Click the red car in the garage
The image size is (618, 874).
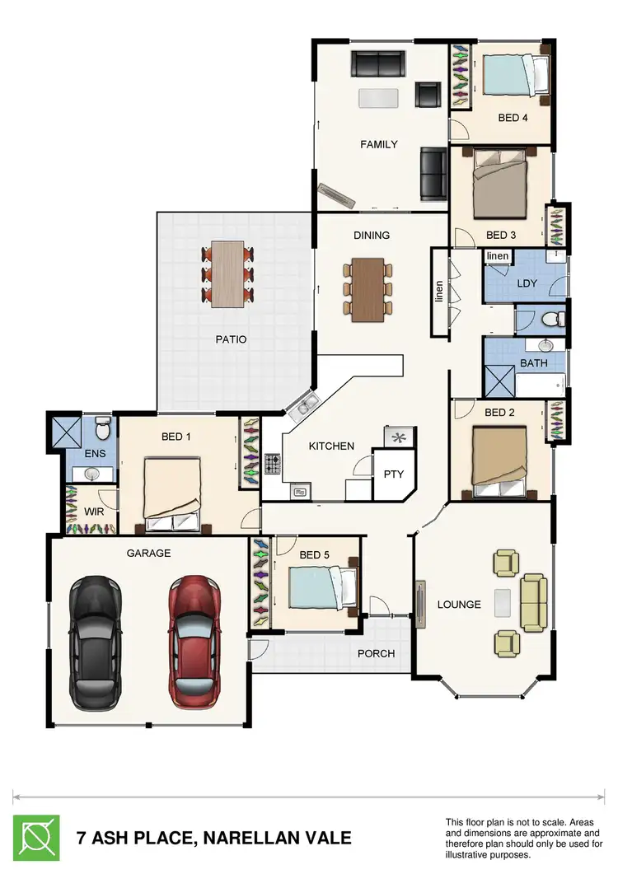pyautogui.click(x=195, y=643)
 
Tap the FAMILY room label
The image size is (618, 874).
pyautogui.click(x=379, y=144)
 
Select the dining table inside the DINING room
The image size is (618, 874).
pyautogui.click(x=368, y=289)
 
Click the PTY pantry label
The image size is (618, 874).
pyautogui.click(x=393, y=474)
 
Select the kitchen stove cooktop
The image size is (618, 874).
pyautogui.click(x=273, y=465)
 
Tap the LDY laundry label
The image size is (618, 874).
pyautogui.click(x=527, y=283)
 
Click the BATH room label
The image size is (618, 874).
pyautogui.click(x=528, y=362)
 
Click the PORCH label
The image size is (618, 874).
pyautogui.click(x=376, y=653)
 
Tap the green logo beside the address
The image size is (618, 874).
pyautogui.click(x=36, y=838)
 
